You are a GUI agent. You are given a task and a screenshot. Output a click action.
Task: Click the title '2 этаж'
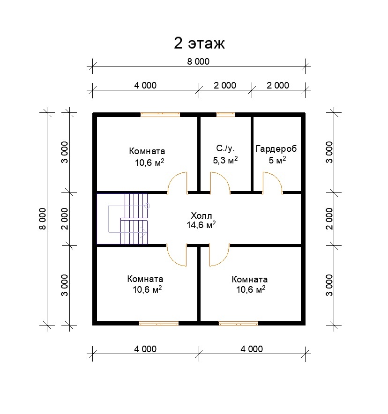point(199,43)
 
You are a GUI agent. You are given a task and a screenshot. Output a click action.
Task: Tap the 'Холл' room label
point(201,215)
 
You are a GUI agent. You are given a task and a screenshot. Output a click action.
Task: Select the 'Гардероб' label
point(276,149)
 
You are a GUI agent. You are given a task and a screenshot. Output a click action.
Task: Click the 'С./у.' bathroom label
point(225,148)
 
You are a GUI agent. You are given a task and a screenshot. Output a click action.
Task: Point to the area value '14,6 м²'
point(201,225)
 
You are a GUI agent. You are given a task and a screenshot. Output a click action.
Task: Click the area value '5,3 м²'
point(225,160)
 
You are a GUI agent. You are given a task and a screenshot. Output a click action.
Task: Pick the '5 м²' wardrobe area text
point(277,160)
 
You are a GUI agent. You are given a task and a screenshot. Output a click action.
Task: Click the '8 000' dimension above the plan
point(198,61)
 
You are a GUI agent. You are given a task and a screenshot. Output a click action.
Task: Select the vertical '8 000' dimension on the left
point(43,219)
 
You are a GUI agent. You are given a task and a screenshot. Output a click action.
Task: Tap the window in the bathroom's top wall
point(225,115)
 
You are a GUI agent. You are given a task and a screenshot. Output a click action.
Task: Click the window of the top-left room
point(160,115)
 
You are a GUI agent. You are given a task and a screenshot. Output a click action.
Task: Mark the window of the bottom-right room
point(239,323)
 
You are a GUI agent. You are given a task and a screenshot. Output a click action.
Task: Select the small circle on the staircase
point(148,206)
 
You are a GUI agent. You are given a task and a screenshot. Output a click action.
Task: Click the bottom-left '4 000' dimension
point(145,349)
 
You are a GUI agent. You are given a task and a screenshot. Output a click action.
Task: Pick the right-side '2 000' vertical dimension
point(329,219)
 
